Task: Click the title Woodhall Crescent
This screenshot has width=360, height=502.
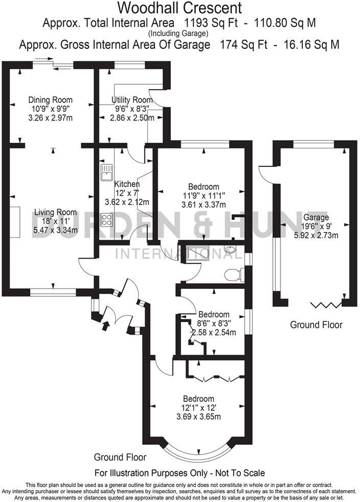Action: point(180,8)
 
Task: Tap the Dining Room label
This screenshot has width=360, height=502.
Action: point(50,99)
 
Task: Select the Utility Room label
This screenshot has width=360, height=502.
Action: point(132,99)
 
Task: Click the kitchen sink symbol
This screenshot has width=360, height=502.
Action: point(107,173)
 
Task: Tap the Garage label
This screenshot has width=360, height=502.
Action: point(316,218)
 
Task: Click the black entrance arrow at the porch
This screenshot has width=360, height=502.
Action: point(106,325)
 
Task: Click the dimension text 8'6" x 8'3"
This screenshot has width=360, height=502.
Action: point(214,323)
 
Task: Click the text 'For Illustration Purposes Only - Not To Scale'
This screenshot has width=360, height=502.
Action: point(179,473)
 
